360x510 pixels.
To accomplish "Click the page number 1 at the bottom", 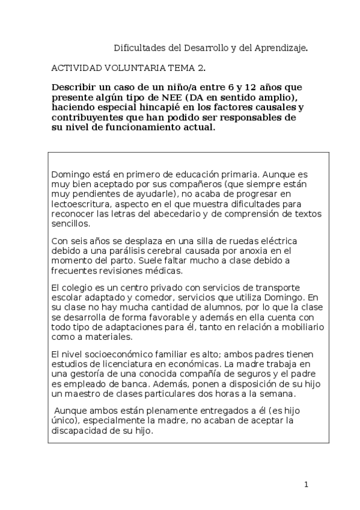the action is pyautogui.click(x=306, y=484).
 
